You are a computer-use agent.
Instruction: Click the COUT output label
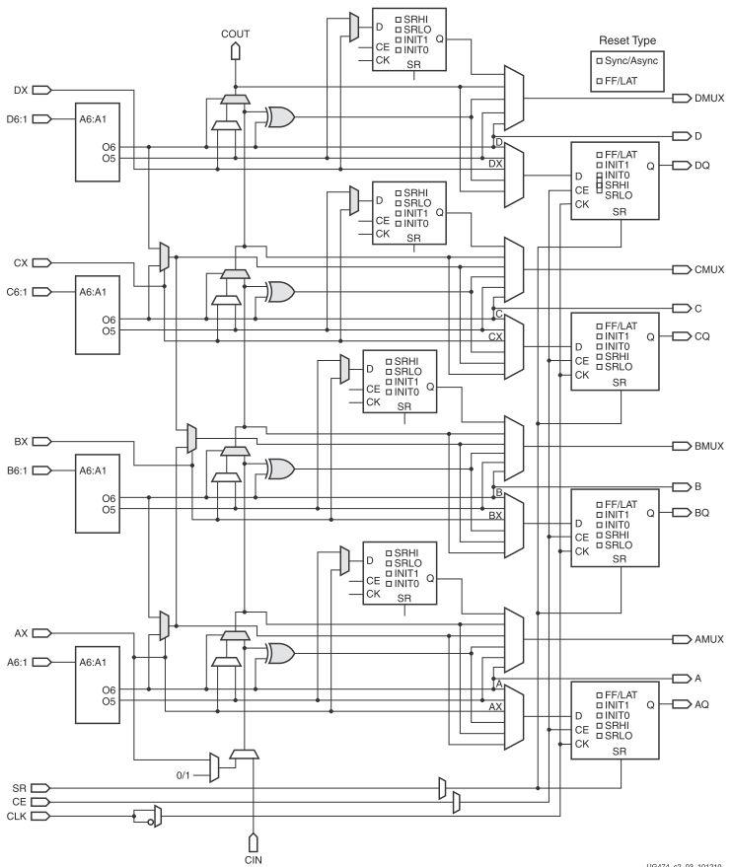[x=235, y=35]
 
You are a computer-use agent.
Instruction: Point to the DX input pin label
[x=20, y=90]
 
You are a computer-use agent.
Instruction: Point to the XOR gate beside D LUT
[x=279, y=118]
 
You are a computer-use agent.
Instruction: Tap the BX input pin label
[x=20, y=441]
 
